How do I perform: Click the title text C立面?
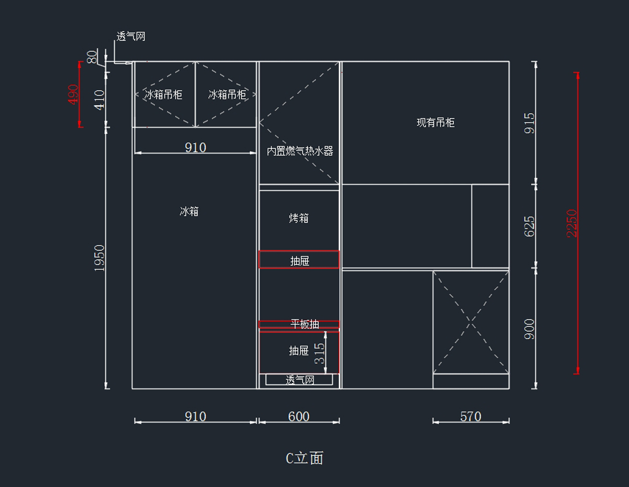[305, 458]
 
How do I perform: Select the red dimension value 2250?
[572, 223]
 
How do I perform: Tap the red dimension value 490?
[73, 94]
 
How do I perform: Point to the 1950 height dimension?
[100, 257]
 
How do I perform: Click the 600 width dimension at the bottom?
[299, 417]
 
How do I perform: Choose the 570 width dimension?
[471, 417]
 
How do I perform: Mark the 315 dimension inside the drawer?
[319, 353]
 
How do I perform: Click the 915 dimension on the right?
[530, 123]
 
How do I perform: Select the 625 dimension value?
[530, 226]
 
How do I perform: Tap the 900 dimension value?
[530, 329]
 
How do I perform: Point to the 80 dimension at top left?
[92, 57]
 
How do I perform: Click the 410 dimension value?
[100, 100]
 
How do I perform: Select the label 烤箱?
[299, 218]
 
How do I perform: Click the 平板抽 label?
[305, 324]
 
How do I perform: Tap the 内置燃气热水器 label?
[300, 151]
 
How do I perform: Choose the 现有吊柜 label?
[436, 123]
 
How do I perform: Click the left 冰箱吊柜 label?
[164, 95]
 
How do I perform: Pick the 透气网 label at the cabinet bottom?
[300, 380]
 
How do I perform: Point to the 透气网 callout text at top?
[131, 37]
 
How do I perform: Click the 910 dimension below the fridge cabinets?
[196, 148]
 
